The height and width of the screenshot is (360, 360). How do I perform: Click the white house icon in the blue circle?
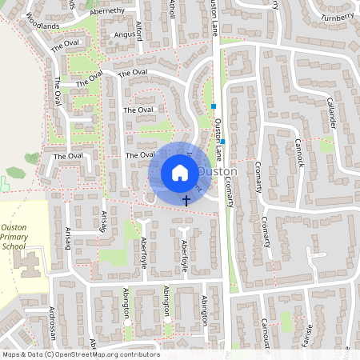(179, 173)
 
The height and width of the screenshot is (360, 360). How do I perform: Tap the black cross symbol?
(187, 199)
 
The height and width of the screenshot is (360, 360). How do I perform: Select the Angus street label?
(125, 34)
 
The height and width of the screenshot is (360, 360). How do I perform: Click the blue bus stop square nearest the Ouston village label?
(223, 142)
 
